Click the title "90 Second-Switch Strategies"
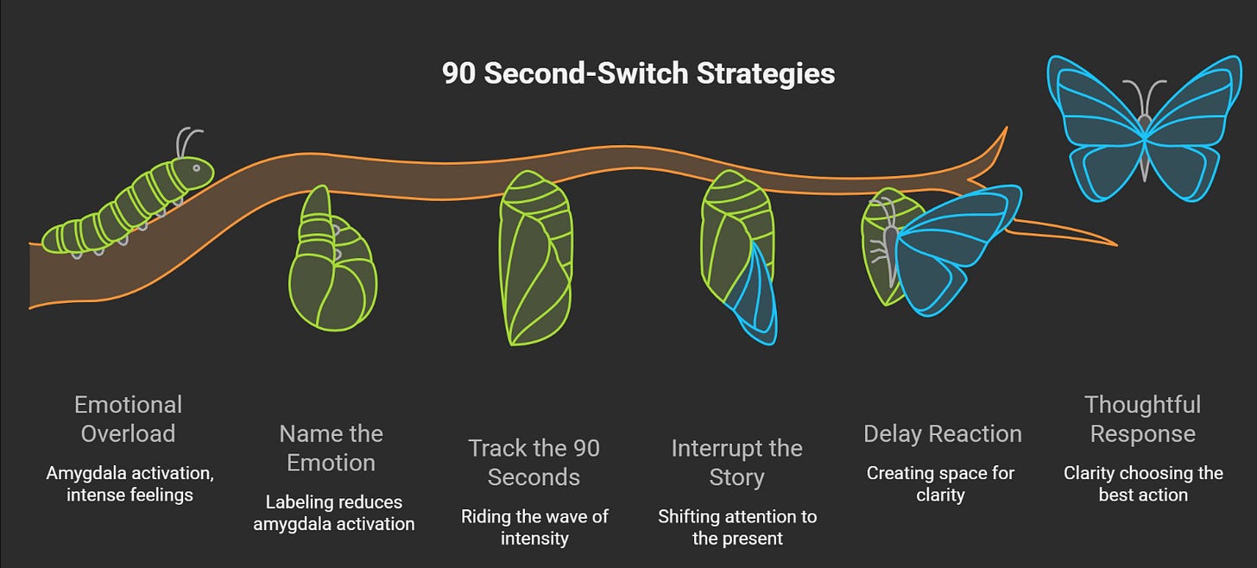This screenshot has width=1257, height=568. (x=638, y=73)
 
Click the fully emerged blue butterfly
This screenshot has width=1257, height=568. (x=1144, y=129)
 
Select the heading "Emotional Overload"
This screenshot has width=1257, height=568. (x=128, y=419)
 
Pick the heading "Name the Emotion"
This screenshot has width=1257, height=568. (x=331, y=447)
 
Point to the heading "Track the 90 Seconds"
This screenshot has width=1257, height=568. (x=534, y=463)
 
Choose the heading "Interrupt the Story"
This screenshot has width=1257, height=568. (x=736, y=463)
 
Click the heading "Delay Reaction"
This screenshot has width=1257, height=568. (x=942, y=433)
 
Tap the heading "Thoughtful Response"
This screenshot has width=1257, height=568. (x=1142, y=419)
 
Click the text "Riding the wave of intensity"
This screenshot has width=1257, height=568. (x=534, y=527)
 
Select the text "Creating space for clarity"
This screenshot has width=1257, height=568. (x=940, y=483)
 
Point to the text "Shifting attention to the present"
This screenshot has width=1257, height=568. (x=736, y=527)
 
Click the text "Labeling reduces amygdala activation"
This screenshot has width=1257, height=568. (x=333, y=513)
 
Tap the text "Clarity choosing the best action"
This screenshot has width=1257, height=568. (x=1142, y=483)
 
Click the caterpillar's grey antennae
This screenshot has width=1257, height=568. (x=187, y=140)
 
